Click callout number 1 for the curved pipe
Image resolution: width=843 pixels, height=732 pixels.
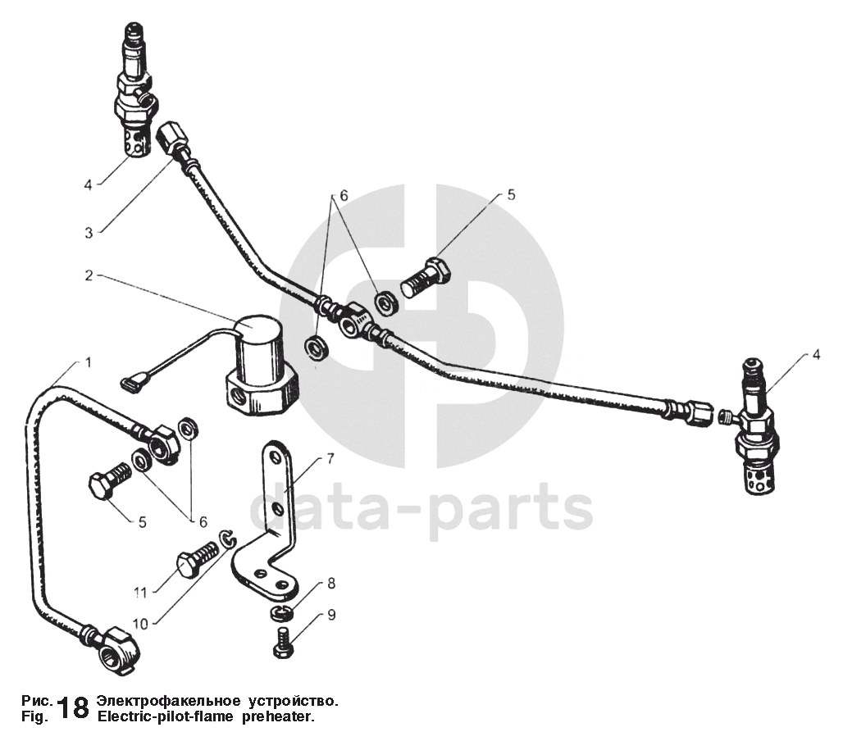coord(88,361)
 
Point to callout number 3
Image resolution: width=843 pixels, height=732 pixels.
coord(89,232)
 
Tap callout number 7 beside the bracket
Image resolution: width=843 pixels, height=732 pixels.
coord(330,459)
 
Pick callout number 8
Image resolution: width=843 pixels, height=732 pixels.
coord(331,584)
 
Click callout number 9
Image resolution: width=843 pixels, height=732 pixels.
coord(331,614)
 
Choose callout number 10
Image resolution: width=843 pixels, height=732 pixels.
coord(140,623)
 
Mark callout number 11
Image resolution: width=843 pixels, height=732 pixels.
coord(140,591)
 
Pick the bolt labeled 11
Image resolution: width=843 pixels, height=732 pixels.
coord(196,562)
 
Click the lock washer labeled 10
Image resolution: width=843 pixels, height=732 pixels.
coord(229,539)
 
